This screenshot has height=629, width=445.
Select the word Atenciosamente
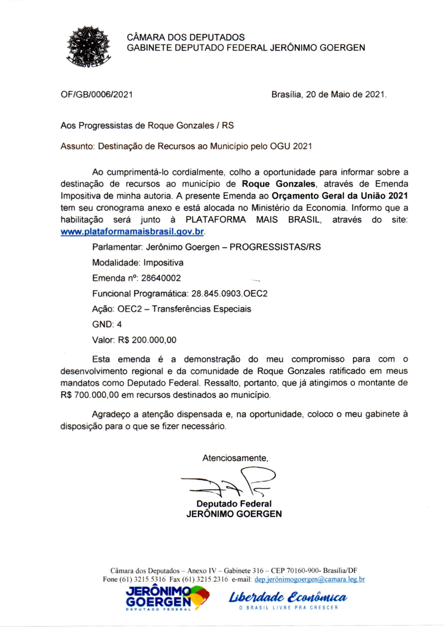pyautogui.click(x=235, y=459)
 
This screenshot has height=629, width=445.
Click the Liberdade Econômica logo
pyautogui.click(x=288, y=598)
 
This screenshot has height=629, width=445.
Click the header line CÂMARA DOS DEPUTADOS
pyautogui.click(x=186, y=37)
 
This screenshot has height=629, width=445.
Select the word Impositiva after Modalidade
pyautogui.click(x=164, y=263)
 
